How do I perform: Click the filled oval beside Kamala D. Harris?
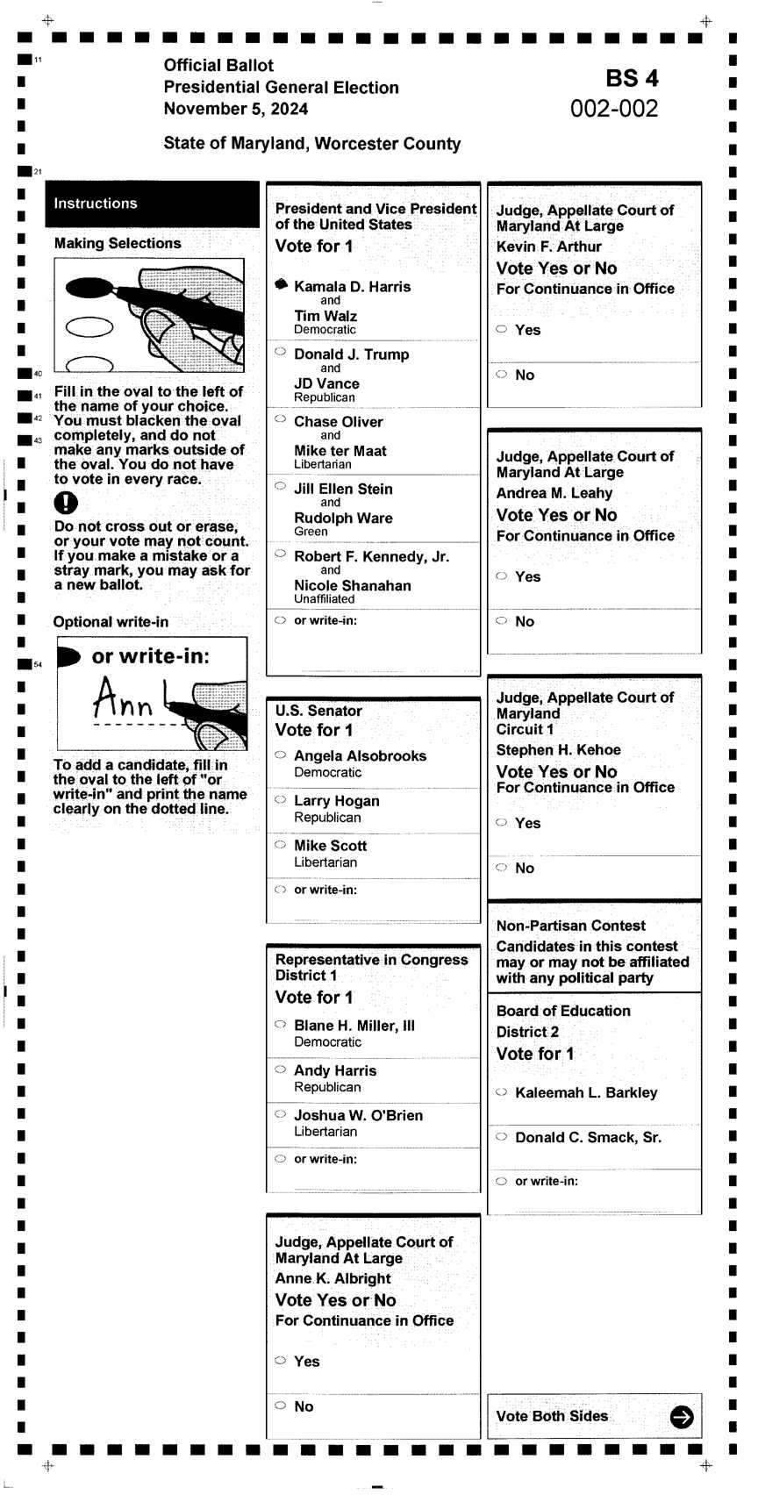(x=281, y=284)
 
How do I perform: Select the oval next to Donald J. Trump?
(x=280, y=352)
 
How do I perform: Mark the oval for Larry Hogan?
(x=280, y=799)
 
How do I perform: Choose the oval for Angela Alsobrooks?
(x=280, y=755)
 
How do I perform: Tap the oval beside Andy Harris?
(x=280, y=1069)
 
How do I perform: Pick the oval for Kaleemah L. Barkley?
(x=501, y=1092)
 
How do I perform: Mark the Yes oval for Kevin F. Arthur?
(x=501, y=329)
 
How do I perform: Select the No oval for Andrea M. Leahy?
(x=501, y=620)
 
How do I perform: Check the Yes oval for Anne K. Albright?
(x=280, y=1360)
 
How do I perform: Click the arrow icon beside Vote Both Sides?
(x=681, y=1416)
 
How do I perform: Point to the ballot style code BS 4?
(x=632, y=79)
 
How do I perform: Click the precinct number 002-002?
(x=614, y=109)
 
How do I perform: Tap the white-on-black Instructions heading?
(x=96, y=204)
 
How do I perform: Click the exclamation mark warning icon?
(x=66, y=503)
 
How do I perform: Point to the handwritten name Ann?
(x=123, y=699)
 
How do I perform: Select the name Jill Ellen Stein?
(x=343, y=489)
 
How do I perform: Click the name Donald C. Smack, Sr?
(x=588, y=1137)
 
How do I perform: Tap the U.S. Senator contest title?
(x=318, y=711)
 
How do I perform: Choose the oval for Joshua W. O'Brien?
(x=280, y=1114)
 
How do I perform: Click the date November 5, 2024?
(x=235, y=109)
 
